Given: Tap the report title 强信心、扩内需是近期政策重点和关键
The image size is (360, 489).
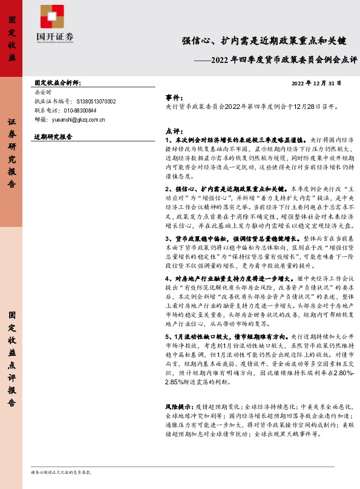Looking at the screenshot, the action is [264, 41].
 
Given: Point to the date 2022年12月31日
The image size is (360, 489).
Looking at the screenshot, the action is [317, 83].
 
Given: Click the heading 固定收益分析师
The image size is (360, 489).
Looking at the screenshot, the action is [58, 82].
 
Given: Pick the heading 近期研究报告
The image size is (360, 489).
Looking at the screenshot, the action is [53, 137].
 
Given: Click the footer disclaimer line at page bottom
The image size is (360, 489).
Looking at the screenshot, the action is [61, 471].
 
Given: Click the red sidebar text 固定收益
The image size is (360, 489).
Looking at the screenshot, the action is [12, 39].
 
